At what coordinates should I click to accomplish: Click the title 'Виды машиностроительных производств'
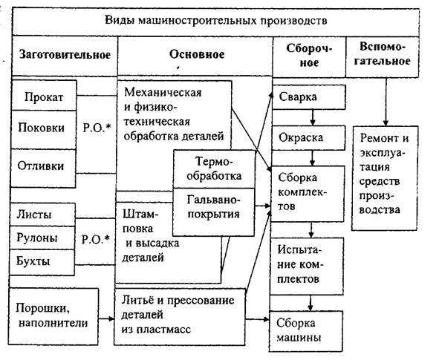[216, 21]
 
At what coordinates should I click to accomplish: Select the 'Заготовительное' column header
[65, 54]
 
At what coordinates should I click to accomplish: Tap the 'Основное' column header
[197, 54]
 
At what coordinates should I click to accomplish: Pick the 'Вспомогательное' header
[383, 54]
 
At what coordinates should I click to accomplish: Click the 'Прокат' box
[44, 96]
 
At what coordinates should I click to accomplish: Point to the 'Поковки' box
[44, 130]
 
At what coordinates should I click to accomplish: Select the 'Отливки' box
[43, 168]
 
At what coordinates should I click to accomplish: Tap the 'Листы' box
[42, 215]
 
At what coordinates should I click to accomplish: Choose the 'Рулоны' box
[42, 238]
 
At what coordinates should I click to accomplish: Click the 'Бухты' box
[42, 262]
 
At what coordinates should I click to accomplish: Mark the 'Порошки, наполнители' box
[53, 316]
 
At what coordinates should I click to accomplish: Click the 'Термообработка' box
[214, 169]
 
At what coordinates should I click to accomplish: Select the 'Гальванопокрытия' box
[213, 212]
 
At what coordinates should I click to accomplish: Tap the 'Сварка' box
[309, 97]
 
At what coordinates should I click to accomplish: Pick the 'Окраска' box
[308, 138]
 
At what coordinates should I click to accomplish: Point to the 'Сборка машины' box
[306, 331]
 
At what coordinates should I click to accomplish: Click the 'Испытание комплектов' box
[307, 266]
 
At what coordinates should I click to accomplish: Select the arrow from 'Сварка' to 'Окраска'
[312, 118]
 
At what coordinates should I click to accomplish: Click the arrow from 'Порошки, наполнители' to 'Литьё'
[106, 319]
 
